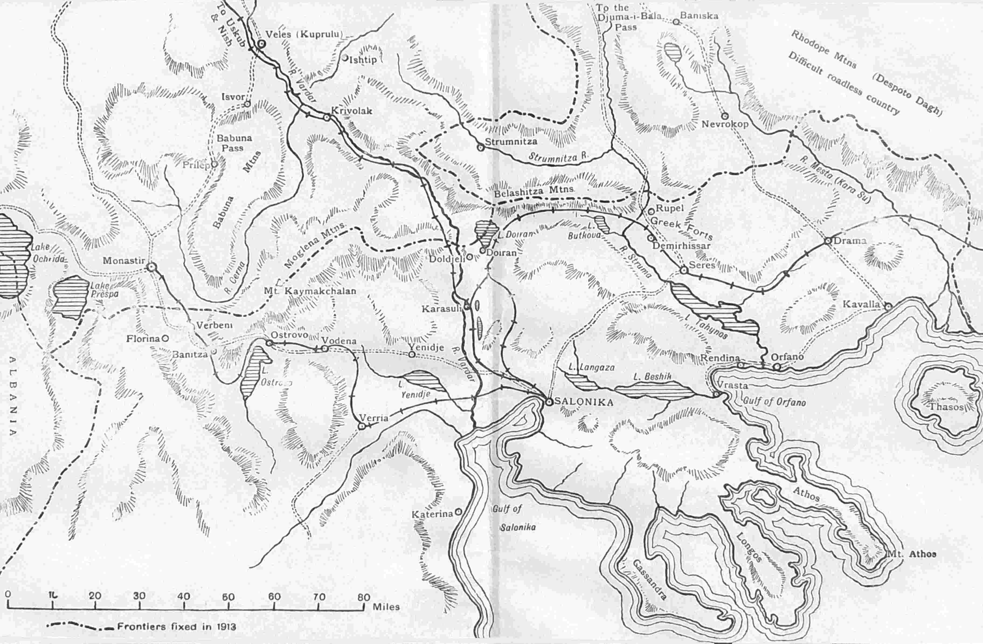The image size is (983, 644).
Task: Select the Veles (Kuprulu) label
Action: [x=304, y=34]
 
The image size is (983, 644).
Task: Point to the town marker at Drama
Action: [x=828, y=241]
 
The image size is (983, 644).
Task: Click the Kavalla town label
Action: [x=861, y=304]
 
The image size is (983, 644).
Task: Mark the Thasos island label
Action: [x=946, y=407]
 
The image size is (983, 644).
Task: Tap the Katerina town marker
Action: [x=458, y=512]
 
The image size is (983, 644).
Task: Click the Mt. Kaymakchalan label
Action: [x=310, y=291]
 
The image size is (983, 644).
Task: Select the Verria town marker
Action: [x=362, y=426]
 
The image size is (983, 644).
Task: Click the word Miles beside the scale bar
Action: [x=386, y=607]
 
